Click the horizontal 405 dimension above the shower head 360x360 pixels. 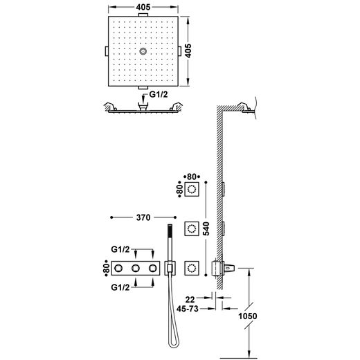point(143,8)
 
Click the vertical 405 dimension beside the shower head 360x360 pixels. point(188,51)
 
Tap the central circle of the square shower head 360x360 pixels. point(143,51)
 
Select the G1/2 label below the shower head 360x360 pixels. point(159,95)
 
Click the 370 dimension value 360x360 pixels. point(143,217)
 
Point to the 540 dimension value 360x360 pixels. point(206,228)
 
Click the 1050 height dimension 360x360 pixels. point(247,316)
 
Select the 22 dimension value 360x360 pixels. point(190,300)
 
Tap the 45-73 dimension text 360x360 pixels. point(188,309)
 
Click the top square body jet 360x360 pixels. point(192,189)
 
